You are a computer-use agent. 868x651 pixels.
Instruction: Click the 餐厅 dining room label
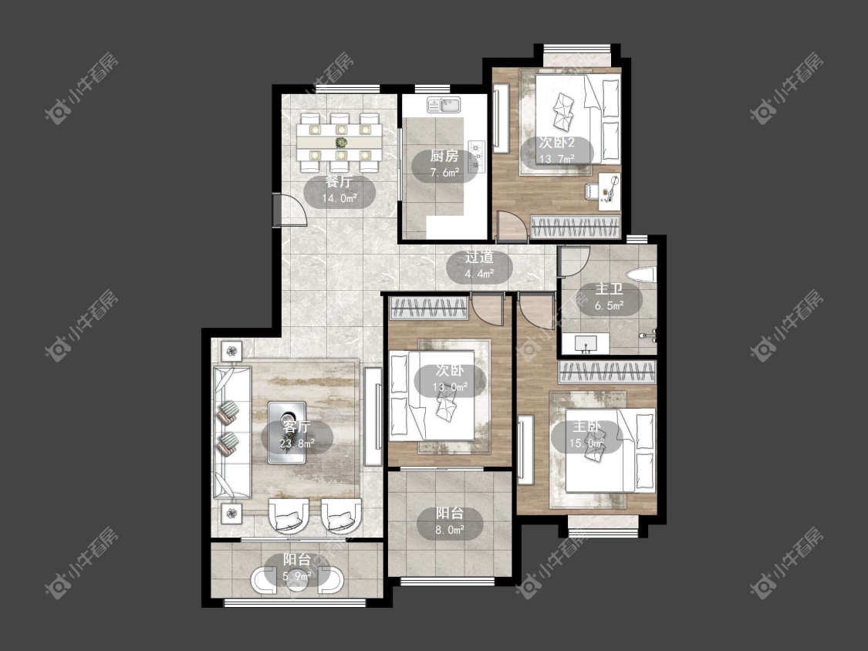click(339, 181)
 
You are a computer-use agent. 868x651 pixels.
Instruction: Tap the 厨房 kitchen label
click(444, 156)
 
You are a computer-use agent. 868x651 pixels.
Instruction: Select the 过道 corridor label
click(479, 258)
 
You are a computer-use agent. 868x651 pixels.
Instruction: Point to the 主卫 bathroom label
click(609, 289)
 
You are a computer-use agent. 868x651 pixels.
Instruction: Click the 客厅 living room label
click(297, 427)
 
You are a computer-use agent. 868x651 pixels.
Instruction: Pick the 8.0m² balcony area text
click(450, 530)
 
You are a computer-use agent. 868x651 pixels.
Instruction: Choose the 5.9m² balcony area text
click(297, 576)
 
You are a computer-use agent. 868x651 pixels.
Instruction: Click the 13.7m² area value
click(557, 159)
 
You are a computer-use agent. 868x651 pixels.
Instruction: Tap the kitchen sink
click(443, 104)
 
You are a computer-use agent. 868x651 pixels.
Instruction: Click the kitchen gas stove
click(477, 155)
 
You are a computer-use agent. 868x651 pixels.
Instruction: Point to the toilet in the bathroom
click(641, 275)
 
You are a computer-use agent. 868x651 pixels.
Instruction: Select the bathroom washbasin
click(585, 343)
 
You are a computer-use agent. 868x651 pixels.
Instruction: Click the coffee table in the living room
click(287, 433)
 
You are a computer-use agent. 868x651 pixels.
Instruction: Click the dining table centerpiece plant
click(340, 143)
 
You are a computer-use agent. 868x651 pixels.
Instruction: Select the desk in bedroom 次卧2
click(609, 191)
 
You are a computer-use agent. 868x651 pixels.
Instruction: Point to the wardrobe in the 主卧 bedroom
click(606, 372)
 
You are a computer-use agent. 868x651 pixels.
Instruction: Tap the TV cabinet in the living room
click(373, 417)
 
